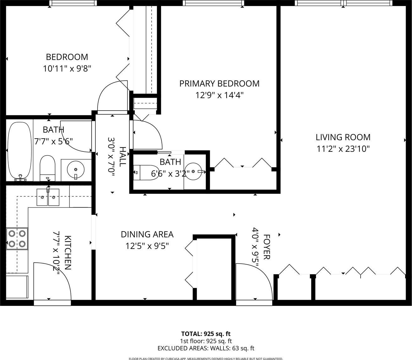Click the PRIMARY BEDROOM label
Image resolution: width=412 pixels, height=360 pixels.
click(x=219, y=83)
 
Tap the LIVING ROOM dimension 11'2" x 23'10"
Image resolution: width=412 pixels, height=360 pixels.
click(x=343, y=149)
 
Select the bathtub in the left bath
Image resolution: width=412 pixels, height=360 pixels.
click(x=20, y=151)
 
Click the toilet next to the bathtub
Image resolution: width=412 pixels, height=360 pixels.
click(x=48, y=168)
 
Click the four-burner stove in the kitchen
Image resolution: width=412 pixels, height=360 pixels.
click(x=17, y=239)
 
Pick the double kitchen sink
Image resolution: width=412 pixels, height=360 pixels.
click(x=48, y=197)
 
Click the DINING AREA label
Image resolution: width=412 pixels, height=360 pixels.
click(x=147, y=234)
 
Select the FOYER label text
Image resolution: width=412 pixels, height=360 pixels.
click(x=266, y=247)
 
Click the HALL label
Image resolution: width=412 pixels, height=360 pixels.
click(x=123, y=157)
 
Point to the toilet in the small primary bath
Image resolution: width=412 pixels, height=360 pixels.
click(x=146, y=173)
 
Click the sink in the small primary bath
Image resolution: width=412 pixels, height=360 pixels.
click(x=193, y=171)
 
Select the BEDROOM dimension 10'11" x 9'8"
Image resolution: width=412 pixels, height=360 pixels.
click(x=67, y=69)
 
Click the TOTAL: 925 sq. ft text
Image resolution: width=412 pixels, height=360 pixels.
click(x=206, y=334)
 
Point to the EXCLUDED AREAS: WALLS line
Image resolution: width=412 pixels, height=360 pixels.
click(x=206, y=348)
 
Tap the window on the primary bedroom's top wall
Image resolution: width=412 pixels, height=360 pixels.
click(x=213, y=3)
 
